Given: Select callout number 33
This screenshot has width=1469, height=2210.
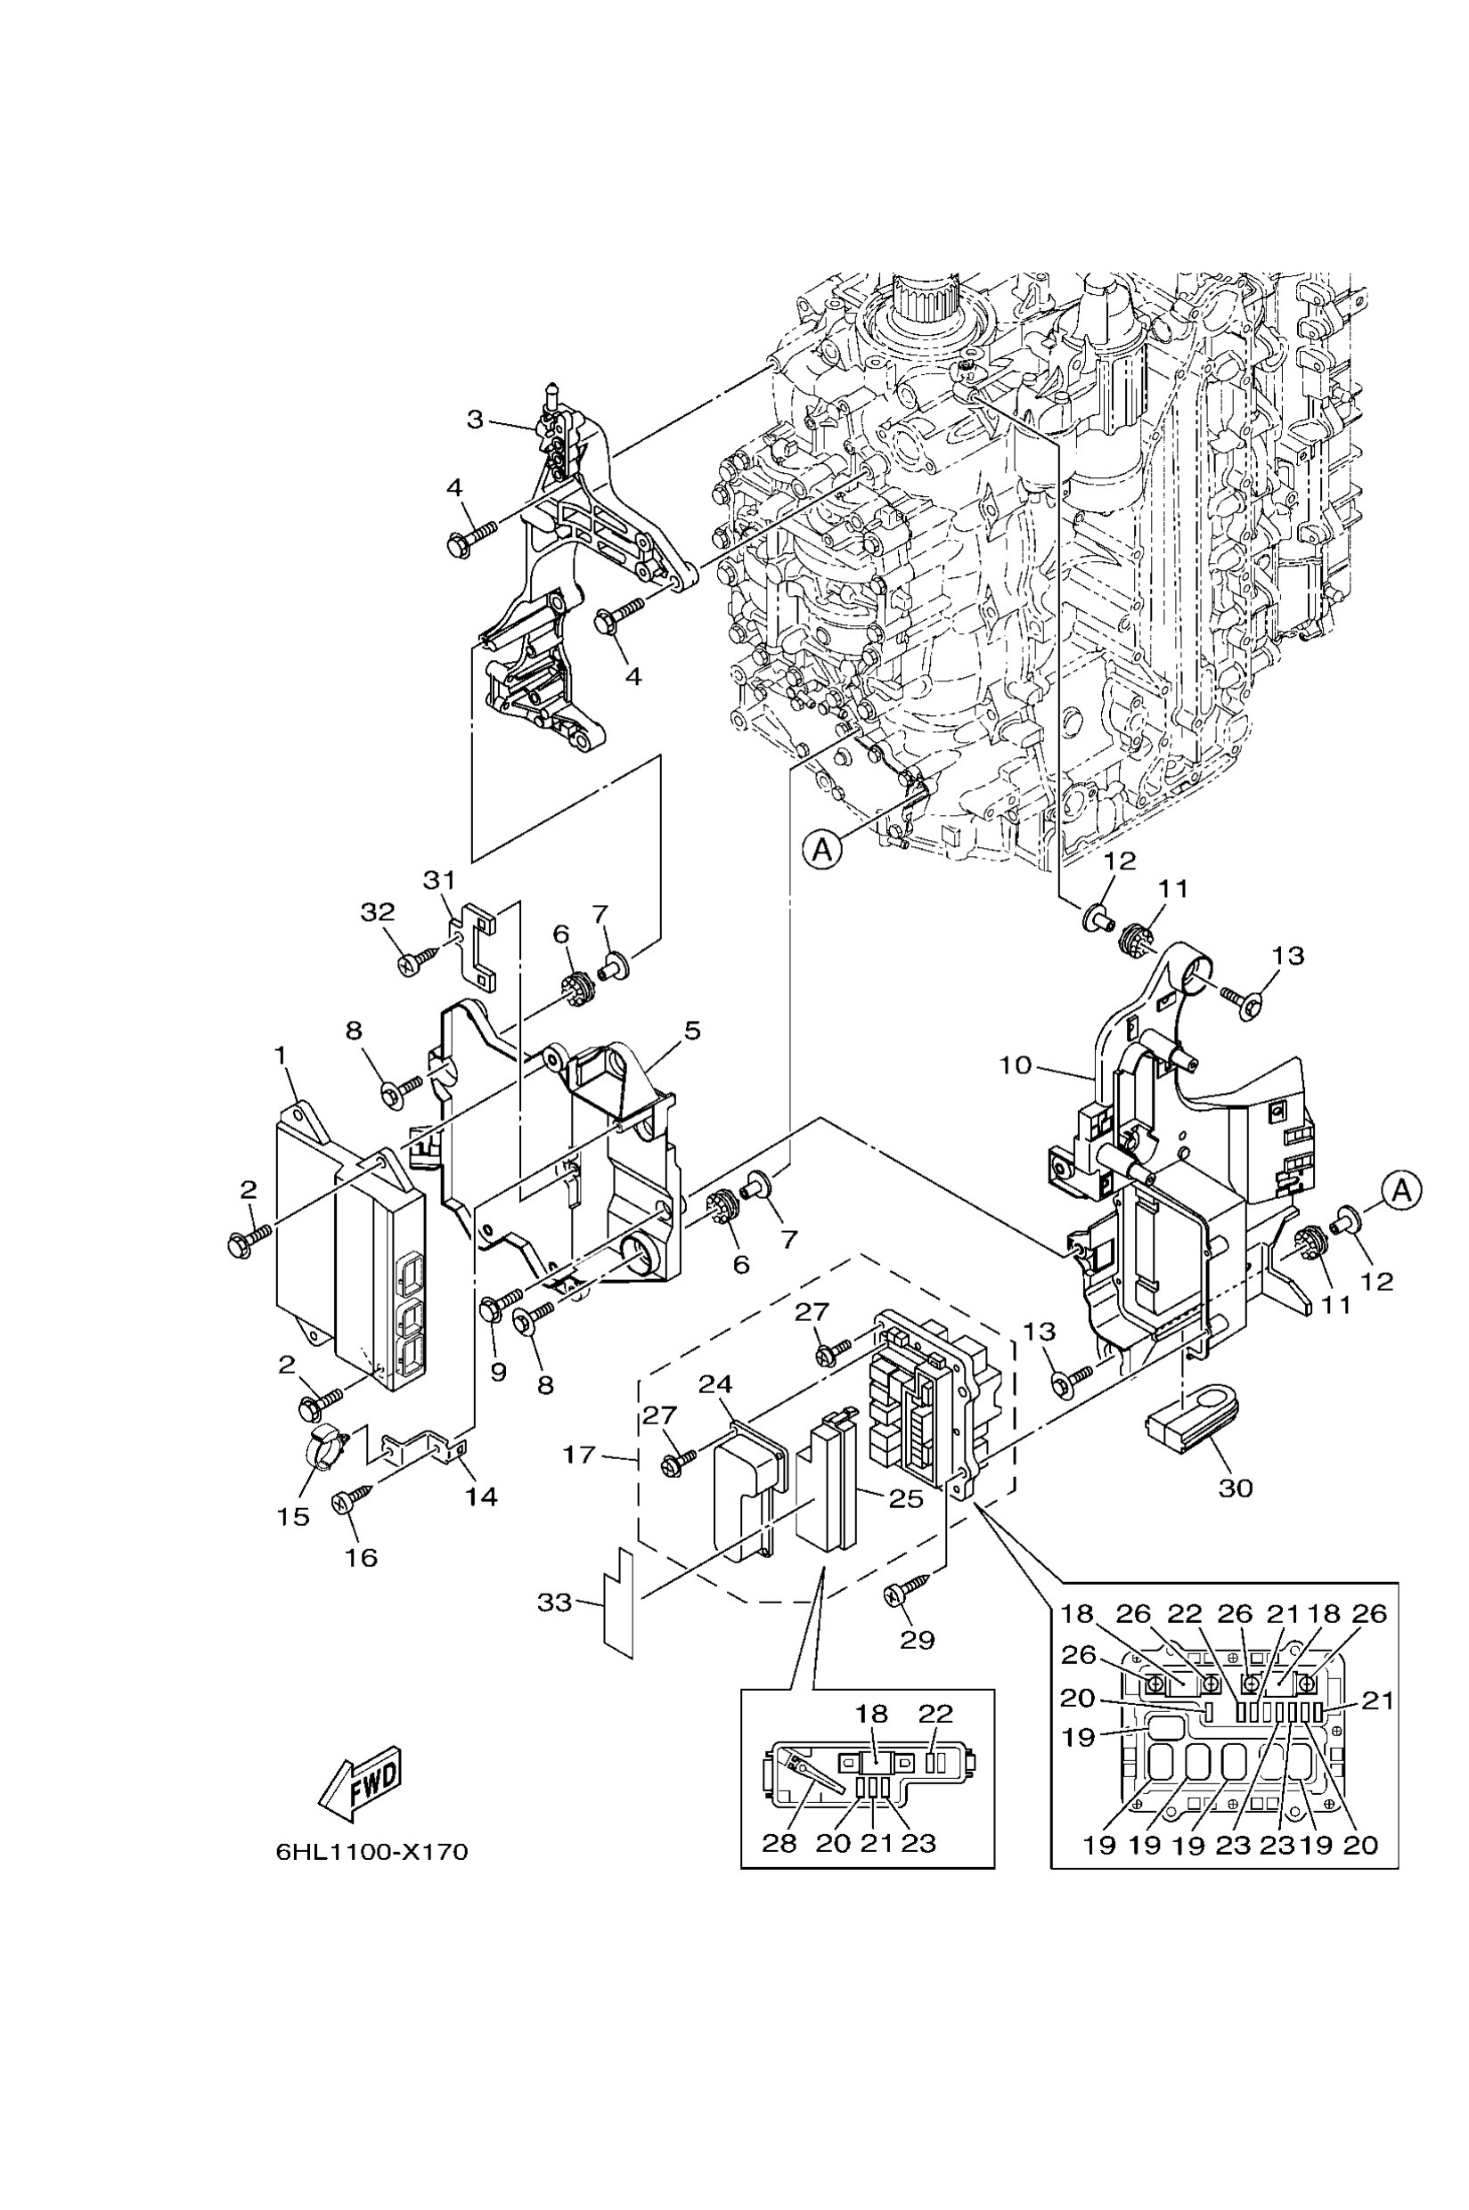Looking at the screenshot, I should [554, 1602].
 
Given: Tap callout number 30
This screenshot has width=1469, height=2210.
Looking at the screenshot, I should [1235, 1488].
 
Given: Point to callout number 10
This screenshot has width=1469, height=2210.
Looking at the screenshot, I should [1015, 1065].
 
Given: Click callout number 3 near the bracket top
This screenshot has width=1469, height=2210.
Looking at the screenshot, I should [475, 419].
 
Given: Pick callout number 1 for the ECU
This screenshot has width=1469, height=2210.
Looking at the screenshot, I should [279, 1055].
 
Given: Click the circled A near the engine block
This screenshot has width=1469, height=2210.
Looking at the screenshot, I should [822, 850].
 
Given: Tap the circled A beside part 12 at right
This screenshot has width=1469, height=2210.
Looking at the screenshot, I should [1400, 1191].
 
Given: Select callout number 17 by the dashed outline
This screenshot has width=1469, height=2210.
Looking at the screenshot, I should [579, 1455].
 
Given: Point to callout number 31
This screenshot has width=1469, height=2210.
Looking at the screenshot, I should [438, 880].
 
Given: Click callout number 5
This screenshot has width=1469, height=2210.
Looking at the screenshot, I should [691, 1031].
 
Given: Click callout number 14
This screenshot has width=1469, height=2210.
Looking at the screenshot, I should [481, 1497].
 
